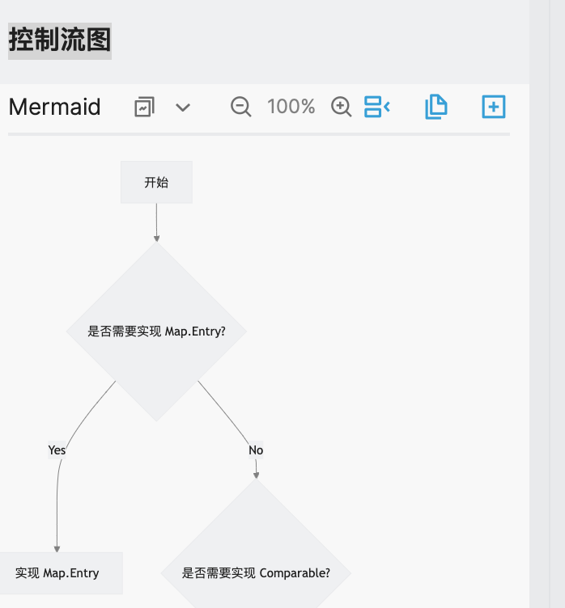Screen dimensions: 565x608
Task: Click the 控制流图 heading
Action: coord(60,40)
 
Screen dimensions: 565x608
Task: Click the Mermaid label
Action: coord(55,107)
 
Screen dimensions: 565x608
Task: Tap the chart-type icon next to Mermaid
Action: coord(144,107)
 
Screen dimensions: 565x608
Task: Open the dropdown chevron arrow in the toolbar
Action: coord(183,107)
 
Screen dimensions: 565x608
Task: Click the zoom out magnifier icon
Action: coord(240,107)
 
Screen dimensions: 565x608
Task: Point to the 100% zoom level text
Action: coord(291,107)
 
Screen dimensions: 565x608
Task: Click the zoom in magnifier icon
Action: coord(342,107)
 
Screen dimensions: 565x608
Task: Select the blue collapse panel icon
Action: coord(377,107)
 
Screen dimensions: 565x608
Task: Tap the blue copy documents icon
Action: coord(435,107)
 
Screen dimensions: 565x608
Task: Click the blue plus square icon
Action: coord(493,107)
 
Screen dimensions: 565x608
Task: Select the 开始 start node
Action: coord(156,182)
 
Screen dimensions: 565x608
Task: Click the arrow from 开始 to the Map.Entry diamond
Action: coord(156,220)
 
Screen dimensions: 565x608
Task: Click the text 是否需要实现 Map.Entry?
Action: coord(156,331)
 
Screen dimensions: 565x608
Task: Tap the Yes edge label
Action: coord(57,450)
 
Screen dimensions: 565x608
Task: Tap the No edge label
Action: coord(256,450)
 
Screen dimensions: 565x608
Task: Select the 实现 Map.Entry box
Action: coord(58,573)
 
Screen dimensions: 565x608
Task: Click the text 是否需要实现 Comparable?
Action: coord(256,573)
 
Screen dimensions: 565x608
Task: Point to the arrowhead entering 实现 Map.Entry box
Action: coord(57,549)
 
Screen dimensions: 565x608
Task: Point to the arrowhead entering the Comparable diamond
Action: coord(256,475)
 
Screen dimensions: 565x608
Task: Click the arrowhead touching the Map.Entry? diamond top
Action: coord(156,239)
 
